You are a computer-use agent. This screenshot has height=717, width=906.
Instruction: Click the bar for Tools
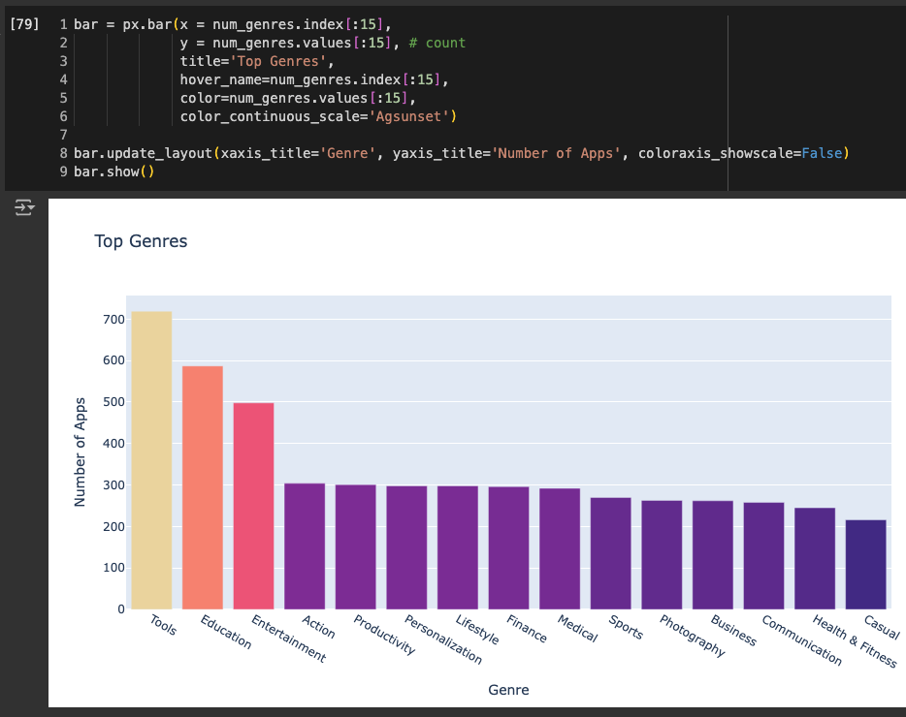click(151, 460)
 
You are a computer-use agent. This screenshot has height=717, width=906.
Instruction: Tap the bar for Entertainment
click(253, 506)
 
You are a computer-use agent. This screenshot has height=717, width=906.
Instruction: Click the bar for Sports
click(611, 553)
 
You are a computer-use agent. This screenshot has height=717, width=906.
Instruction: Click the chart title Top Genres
click(141, 241)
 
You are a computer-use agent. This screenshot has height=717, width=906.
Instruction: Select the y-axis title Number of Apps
click(81, 452)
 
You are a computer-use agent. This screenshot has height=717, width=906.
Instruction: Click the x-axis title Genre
click(508, 690)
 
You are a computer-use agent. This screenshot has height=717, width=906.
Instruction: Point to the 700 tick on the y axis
click(113, 320)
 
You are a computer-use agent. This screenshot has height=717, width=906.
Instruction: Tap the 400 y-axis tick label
click(113, 444)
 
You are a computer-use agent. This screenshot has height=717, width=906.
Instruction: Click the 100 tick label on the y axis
click(113, 568)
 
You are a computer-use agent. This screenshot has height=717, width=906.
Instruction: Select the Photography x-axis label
click(693, 636)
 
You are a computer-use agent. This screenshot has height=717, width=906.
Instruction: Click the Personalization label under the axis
click(443, 639)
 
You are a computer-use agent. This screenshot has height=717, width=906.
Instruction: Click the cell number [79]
click(24, 23)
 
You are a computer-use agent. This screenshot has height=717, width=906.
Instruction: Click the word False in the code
click(821, 153)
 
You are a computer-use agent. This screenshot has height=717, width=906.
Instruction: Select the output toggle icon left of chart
click(24, 207)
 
